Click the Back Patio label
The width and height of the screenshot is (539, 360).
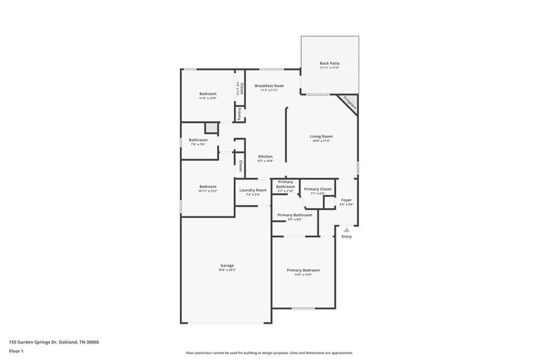pos(329,63)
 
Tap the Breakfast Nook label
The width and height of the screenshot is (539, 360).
pos(270,85)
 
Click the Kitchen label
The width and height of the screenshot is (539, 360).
pos(265,157)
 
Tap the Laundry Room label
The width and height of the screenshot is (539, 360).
pos(253,191)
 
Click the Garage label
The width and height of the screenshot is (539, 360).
pos(227,266)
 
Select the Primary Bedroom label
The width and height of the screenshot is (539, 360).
pos(303,270)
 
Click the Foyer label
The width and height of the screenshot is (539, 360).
pos(347,199)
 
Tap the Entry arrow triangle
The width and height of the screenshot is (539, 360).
pos(347,230)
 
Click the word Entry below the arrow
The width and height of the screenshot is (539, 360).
pos(347,237)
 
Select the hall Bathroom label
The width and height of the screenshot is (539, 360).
pos(197,140)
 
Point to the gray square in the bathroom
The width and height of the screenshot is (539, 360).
pos(211,127)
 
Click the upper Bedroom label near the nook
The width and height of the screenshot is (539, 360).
pos(207,94)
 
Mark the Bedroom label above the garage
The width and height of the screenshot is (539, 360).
pos(207,187)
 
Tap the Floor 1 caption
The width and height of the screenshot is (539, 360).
pos(17,351)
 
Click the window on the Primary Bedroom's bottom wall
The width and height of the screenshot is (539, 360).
pos(303,309)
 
